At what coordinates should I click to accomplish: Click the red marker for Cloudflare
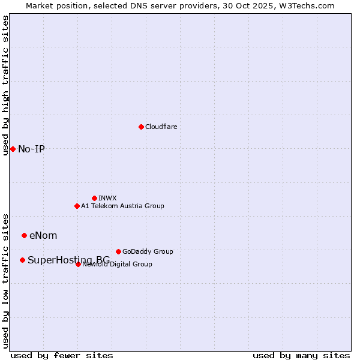click(141, 127)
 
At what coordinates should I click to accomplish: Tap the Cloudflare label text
click(161, 127)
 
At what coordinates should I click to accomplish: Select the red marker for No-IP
click(13, 149)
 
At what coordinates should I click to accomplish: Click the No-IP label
click(31, 149)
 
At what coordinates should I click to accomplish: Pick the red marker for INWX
click(94, 198)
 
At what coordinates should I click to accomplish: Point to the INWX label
click(107, 198)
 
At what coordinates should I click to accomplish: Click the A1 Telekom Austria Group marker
click(77, 206)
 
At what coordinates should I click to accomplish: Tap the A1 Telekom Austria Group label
click(122, 206)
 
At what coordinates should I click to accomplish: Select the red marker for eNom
click(24, 235)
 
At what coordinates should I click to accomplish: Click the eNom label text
click(43, 235)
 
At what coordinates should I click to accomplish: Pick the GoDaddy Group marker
click(118, 251)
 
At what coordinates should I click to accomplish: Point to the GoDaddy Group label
click(148, 251)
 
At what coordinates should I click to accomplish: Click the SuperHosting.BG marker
click(22, 260)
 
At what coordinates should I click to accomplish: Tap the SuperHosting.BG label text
click(68, 260)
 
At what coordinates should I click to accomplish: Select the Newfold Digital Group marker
click(78, 264)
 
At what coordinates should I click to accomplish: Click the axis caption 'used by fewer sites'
click(62, 355)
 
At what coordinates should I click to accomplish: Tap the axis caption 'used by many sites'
click(301, 355)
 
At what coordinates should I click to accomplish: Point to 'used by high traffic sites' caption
click(5, 85)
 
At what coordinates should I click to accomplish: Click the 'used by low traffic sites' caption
click(5, 280)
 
